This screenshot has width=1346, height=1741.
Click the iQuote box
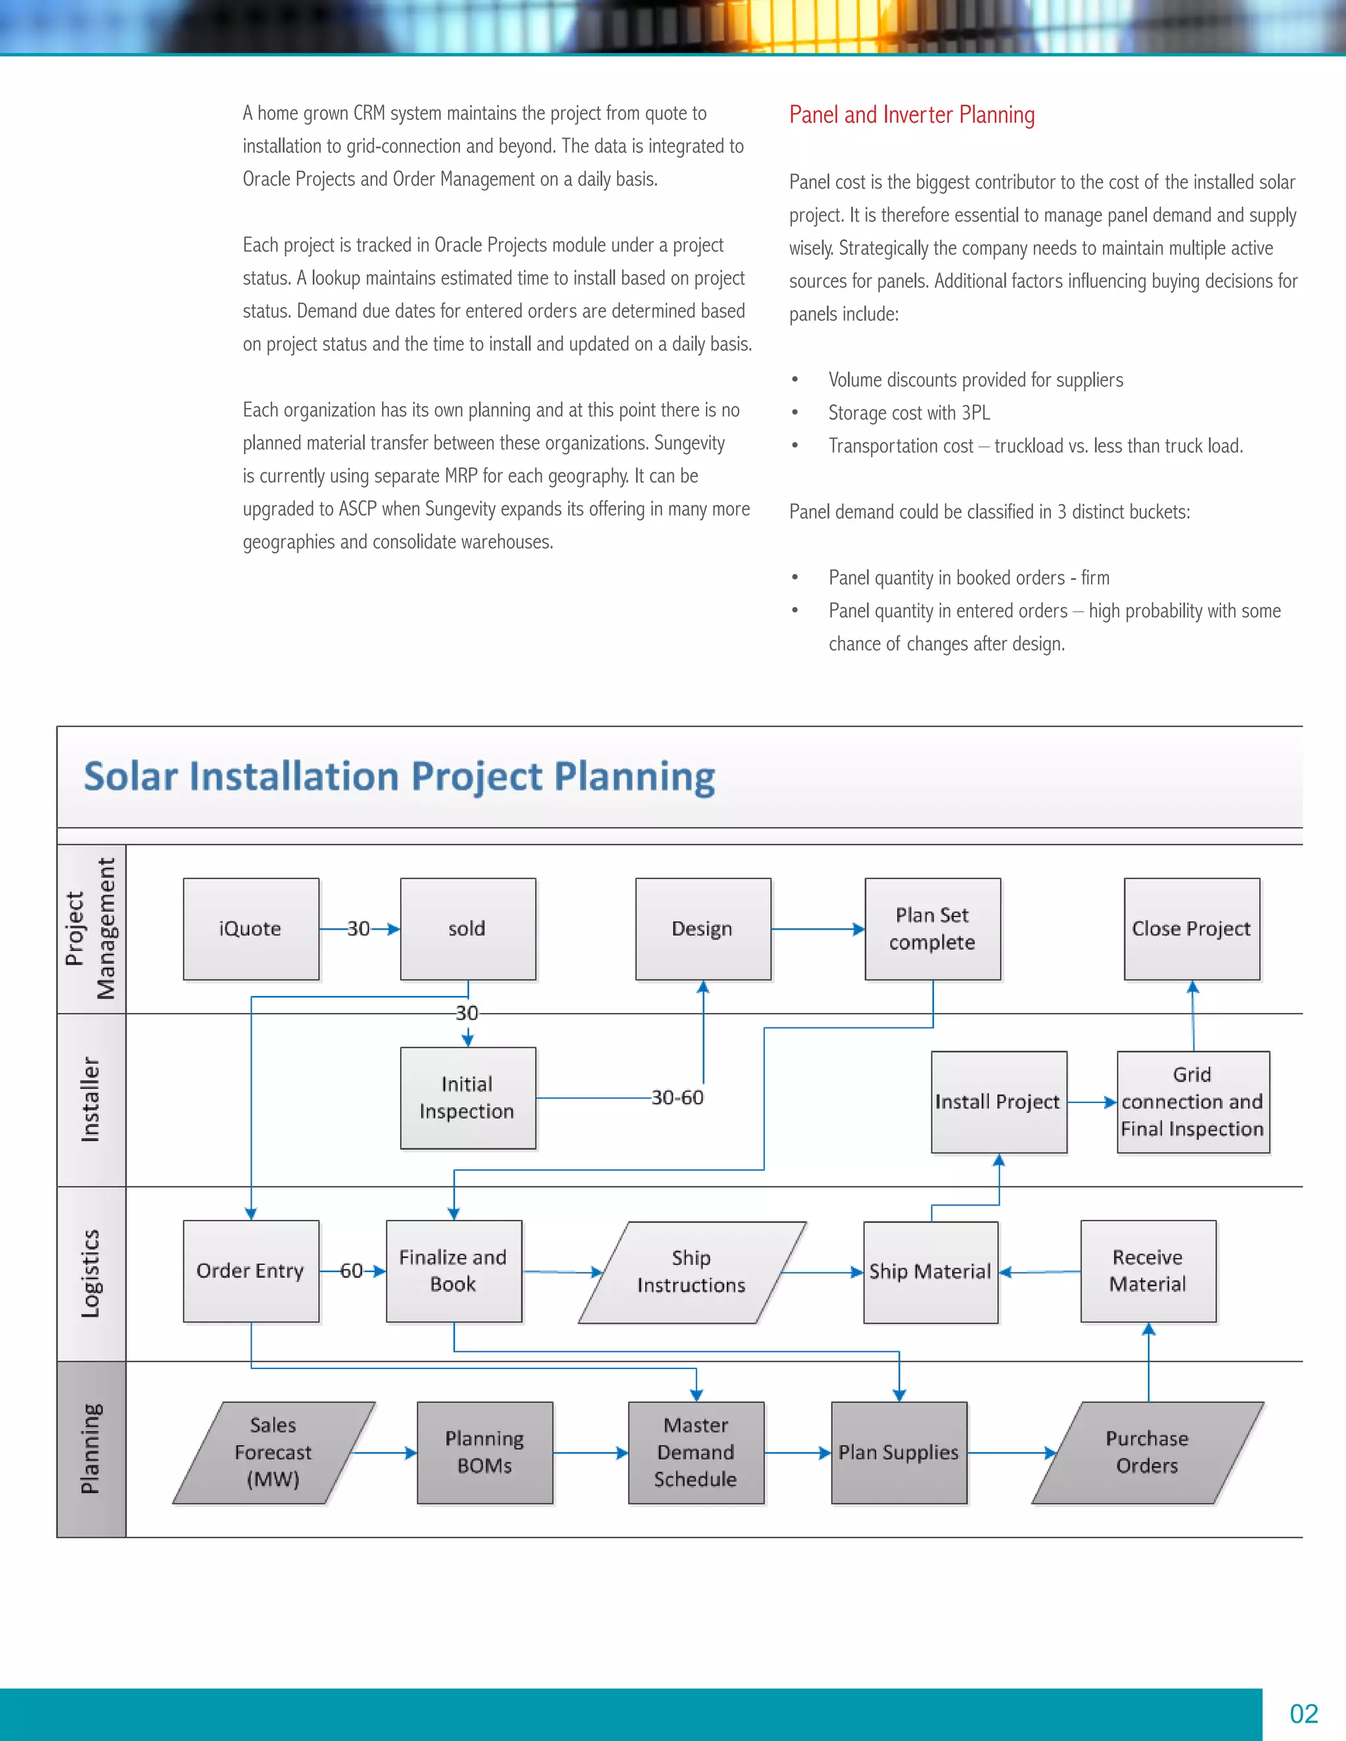point(250,929)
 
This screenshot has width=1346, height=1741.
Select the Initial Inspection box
point(467,1098)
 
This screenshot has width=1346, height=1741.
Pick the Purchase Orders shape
point(1147,1453)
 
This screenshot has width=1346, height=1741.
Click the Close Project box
point(1192,929)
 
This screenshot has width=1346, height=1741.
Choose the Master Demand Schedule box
point(695,1453)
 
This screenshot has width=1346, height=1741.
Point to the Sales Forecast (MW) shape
point(273,1453)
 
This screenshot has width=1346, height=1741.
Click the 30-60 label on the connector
point(677,1098)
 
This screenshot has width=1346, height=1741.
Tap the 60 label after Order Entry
point(351,1271)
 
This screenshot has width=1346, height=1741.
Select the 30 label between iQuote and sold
point(358,929)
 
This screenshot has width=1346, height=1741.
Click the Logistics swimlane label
point(91,1273)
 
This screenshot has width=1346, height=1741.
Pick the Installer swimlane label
point(91,1099)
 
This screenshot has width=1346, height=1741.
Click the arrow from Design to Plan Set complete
point(818,929)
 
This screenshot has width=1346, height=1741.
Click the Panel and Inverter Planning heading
point(912,115)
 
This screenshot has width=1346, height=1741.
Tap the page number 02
point(1304,1714)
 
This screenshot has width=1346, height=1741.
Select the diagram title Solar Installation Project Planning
point(399,777)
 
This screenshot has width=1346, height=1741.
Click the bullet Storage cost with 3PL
point(908,413)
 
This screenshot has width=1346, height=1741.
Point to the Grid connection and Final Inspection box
point(1192,1102)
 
